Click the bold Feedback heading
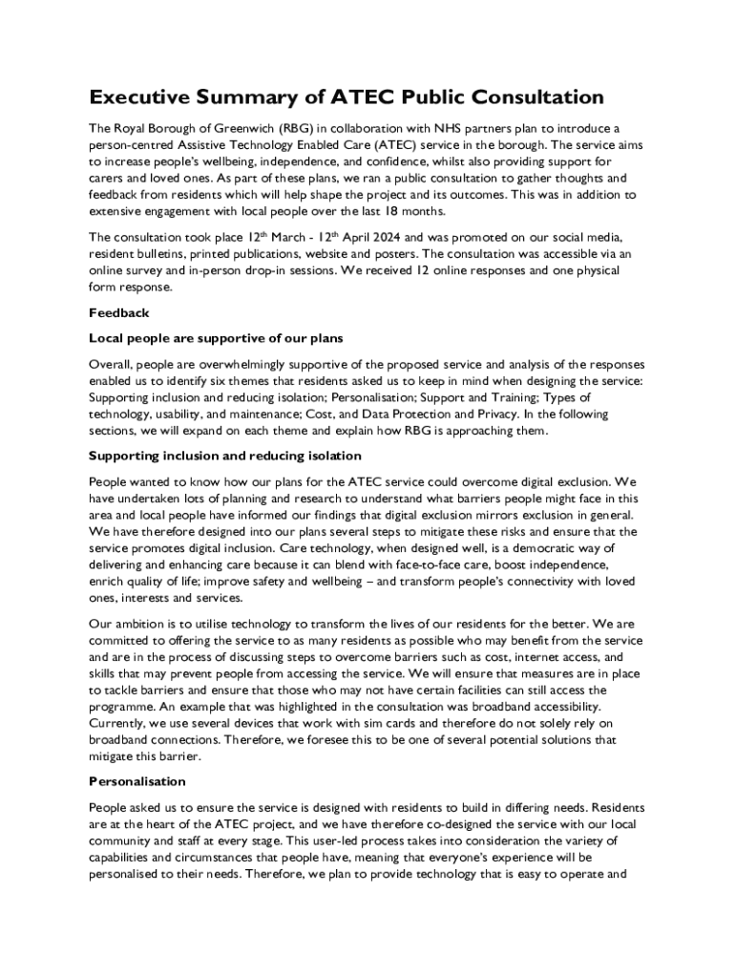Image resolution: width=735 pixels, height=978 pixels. click(119, 312)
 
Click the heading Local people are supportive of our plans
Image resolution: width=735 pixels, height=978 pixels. click(216, 338)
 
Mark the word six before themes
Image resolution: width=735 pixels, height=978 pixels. click(274, 381)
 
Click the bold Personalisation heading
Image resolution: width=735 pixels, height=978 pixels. click(136, 781)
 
